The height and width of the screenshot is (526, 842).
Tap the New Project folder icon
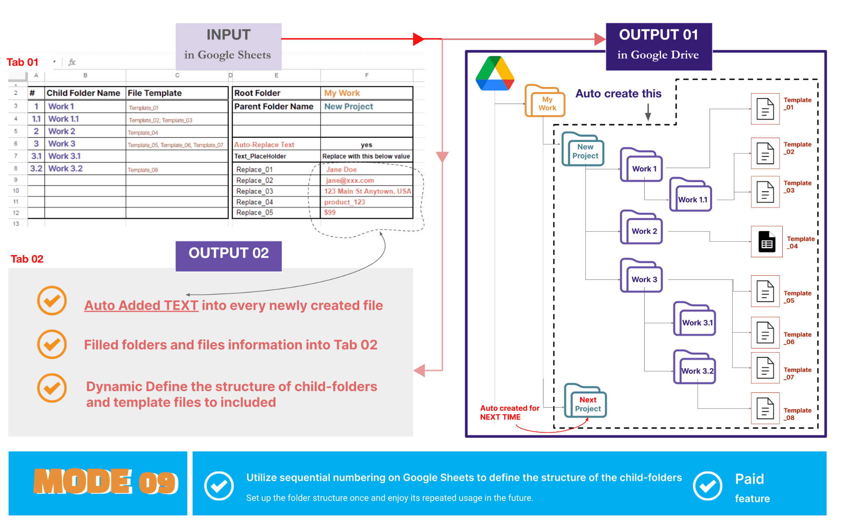point(583,149)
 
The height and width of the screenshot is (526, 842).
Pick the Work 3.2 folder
point(694,367)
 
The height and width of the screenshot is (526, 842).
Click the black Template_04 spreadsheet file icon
point(767,242)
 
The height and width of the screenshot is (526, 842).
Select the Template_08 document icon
point(765,408)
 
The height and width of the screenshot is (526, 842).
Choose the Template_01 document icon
point(765,109)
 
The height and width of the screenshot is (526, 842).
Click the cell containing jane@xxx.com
point(366,180)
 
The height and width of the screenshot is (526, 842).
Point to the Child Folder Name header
point(83,93)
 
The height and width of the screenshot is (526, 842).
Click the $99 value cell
point(366,212)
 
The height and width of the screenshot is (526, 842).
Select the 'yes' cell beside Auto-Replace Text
point(366,145)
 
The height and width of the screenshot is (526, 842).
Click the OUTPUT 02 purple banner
point(229,256)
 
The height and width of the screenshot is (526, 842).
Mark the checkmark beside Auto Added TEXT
point(52,300)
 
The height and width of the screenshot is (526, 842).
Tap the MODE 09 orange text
point(106,482)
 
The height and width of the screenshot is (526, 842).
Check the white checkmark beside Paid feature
point(708,486)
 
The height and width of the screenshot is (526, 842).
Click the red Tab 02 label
point(27,259)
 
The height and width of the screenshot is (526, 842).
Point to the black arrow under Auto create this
point(648,112)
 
